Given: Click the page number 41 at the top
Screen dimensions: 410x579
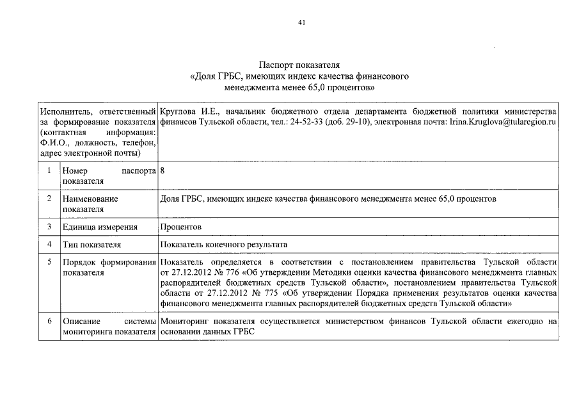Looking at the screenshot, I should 302,23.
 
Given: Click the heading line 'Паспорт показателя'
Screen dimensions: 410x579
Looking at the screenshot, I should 299,65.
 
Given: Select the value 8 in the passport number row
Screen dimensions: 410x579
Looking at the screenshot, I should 163,171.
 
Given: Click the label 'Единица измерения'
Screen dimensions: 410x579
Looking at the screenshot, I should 99,227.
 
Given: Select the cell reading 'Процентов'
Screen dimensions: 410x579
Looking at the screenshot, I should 181,227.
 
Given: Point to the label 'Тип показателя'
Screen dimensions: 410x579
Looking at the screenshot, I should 91,245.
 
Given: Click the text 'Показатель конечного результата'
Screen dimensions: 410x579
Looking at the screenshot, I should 224,245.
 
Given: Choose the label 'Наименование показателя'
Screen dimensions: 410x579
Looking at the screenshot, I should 90,204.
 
